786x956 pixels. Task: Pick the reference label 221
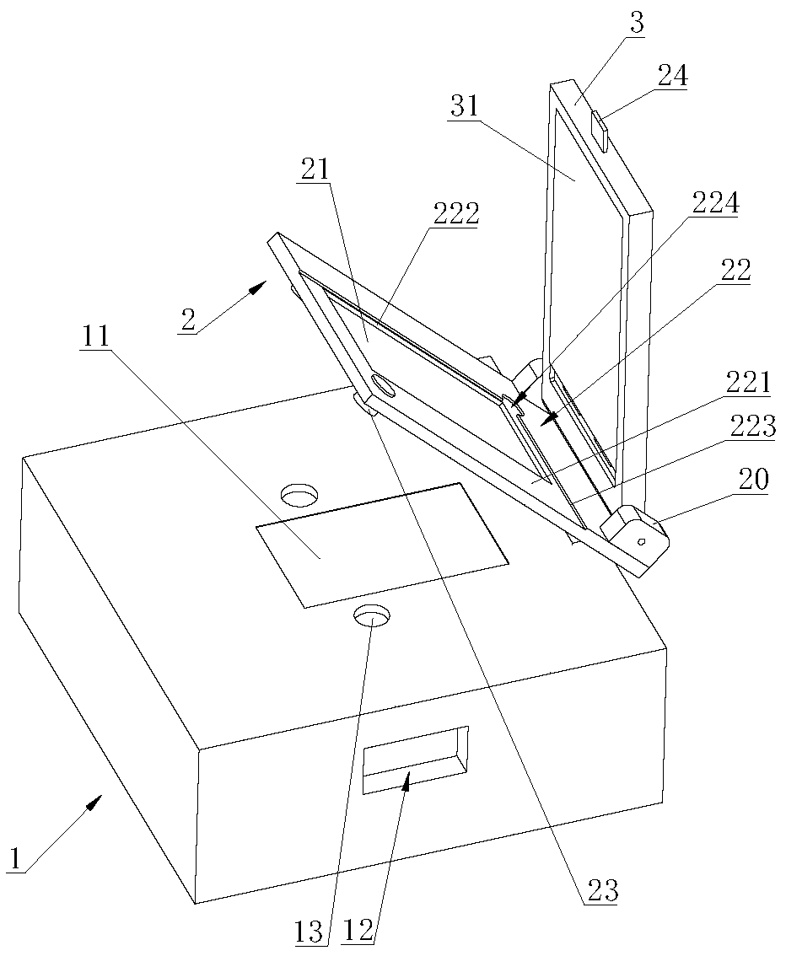[751, 384]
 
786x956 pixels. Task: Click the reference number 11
[94, 337]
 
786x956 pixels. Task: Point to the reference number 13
[309, 932]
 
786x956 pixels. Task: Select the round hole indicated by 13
[373, 616]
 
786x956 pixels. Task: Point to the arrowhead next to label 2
[258, 288]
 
